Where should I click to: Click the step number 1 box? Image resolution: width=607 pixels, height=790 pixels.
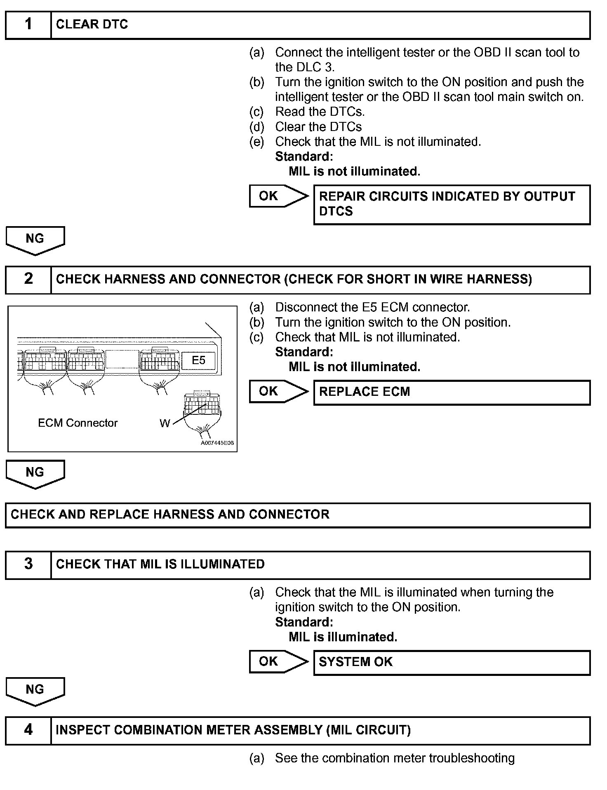tap(28, 25)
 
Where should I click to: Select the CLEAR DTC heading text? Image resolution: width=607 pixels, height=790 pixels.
tap(92, 25)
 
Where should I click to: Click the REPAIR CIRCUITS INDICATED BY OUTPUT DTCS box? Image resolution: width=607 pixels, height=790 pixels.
tap(452, 204)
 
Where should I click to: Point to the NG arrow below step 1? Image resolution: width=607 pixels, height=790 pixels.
tap(35, 240)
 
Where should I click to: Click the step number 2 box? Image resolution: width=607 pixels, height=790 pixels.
tap(28, 279)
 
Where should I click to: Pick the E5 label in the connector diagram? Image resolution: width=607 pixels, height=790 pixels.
tap(198, 360)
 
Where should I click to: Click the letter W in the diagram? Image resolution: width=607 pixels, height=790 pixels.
tap(165, 423)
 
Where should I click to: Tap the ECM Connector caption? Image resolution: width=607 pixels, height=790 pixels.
tap(78, 423)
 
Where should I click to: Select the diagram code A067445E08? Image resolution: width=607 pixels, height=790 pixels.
tap(217, 443)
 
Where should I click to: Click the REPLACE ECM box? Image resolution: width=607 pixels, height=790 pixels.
tap(452, 392)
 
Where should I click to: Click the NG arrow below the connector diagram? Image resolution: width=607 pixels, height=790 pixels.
tap(35, 473)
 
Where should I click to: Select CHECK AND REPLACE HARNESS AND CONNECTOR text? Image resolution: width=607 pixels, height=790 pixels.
tap(170, 514)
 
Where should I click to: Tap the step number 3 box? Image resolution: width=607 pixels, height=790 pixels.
tap(28, 564)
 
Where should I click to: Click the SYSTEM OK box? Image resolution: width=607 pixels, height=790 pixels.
tap(452, 662)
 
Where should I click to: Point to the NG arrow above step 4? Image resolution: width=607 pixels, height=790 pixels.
tap(35, 690)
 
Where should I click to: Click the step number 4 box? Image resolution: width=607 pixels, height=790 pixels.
tap(28, 730)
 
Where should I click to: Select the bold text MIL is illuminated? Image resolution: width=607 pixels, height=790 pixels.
tap(343, 637)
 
